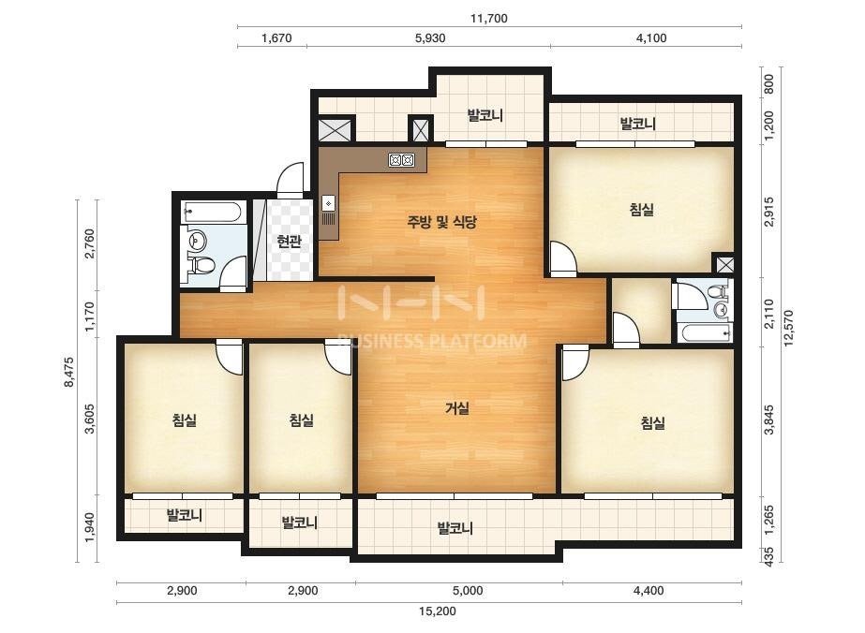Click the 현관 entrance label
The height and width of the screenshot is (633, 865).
pos(289,242)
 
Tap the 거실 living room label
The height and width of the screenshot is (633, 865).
pos(457,408)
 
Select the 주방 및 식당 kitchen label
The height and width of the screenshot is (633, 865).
pos(442,222)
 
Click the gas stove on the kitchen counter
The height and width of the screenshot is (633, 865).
pos(401,160)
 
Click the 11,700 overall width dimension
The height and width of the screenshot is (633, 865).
pos(489,18)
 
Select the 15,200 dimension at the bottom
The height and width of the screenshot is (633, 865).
pos(438,611)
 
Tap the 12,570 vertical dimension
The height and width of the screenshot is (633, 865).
pos(788,328)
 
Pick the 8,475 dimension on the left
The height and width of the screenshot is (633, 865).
pos(69,372)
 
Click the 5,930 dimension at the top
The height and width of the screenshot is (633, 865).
pos(430,38)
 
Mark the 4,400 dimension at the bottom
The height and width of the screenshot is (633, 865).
pos(649,591)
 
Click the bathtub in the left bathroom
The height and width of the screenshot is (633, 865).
pos(213,212)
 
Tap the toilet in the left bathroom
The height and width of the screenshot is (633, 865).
pos(201,266)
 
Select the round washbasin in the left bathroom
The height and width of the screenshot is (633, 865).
pos(197,240)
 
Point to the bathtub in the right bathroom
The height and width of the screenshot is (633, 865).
pos(707,332)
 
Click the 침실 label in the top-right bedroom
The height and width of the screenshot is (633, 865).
pos(642,210)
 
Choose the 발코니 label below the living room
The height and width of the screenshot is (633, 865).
pos(455,528)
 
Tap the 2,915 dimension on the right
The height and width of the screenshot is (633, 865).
pos(769,212)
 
